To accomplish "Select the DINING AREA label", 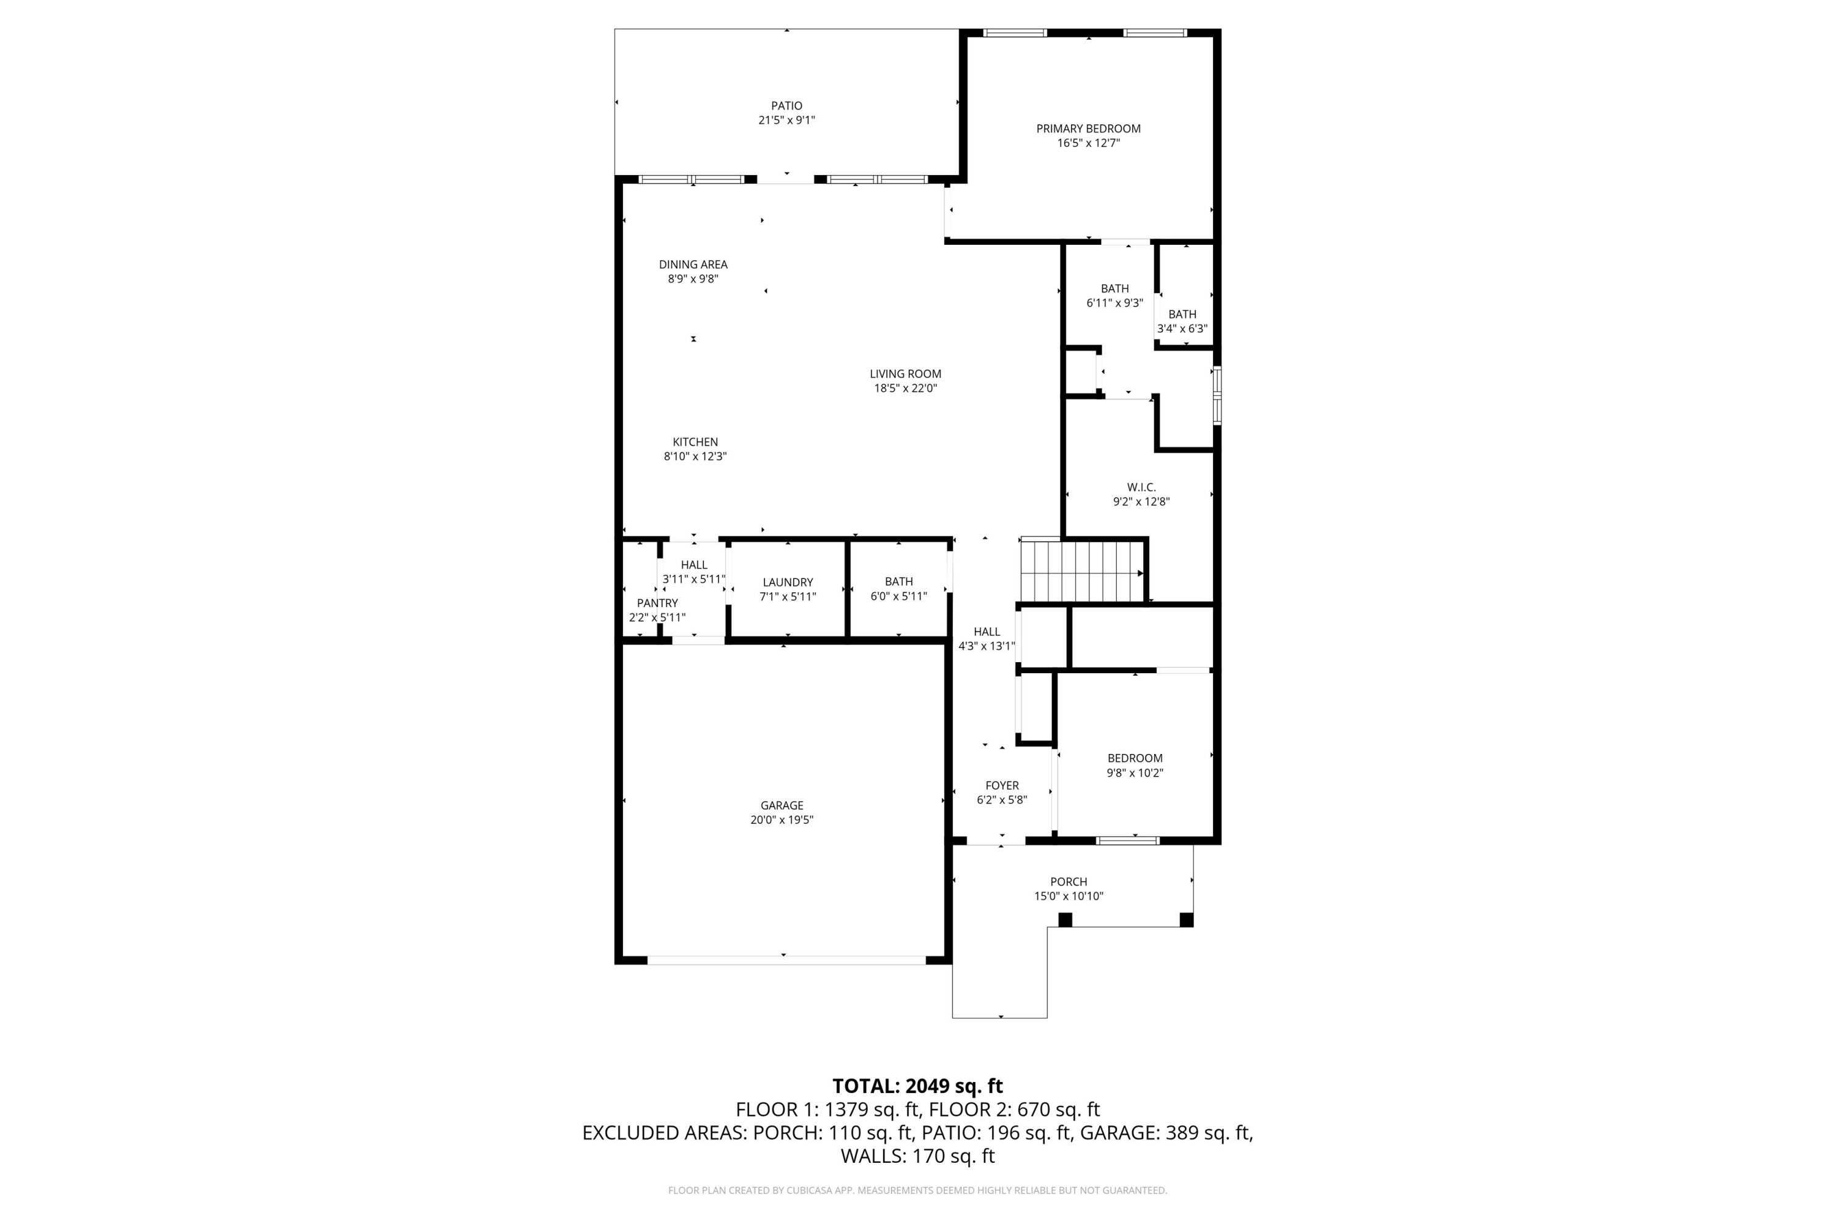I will click(692, 264).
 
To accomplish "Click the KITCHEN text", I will click(695, 442).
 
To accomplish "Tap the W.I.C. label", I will click(1141, 487).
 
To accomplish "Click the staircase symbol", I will click(1081, 572).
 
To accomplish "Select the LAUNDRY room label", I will click(787, 583).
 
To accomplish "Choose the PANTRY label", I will click(657, 603).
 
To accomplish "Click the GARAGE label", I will click(782, 805).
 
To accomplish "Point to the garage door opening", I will click(786, 960).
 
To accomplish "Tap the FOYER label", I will click(1001, 785).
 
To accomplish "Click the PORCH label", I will click(1068, 881).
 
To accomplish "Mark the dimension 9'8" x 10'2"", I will click(1134, 773).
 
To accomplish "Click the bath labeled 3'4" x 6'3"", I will click(1182, 315).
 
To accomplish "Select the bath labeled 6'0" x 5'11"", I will click(898, 581).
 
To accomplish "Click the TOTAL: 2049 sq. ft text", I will click(917, 1086).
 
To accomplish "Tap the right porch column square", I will click(1186, 920).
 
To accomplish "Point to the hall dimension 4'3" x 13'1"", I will click(987, 646).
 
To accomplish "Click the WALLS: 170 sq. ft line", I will click(917, 1156).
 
